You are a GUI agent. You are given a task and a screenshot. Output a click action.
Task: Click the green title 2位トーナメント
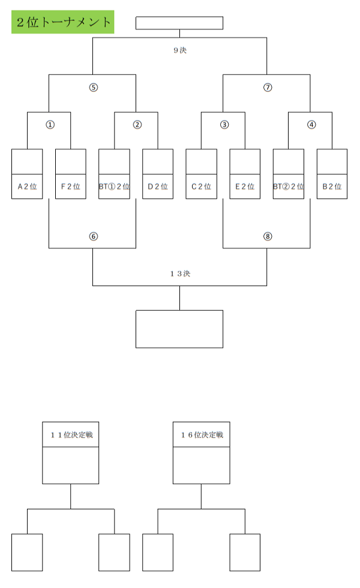coord(63,22)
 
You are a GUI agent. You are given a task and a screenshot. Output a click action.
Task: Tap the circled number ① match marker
coord(50,125)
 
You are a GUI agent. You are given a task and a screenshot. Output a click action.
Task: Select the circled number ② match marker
coord(137,125)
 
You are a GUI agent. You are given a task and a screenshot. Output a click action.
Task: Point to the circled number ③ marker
coord(224,125)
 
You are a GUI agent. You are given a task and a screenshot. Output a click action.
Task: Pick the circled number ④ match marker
coord(311,125)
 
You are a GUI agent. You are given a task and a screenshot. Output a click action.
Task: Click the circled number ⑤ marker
coord(94,88)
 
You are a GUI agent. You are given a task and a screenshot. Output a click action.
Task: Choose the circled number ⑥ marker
coord(94,236)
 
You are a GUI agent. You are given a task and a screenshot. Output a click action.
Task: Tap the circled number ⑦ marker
coord(268,88)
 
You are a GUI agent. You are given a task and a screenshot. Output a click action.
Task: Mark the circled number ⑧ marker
coord(268,236)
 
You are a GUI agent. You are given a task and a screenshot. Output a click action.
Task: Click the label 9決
coord(180,50)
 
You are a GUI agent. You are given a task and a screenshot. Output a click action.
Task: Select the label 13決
coord(180,274)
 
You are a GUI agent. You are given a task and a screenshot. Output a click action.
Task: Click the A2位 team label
coord(27,187)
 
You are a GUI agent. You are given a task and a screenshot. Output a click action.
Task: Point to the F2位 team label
coord(71,187)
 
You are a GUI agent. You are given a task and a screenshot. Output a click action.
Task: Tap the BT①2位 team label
coord(115,187)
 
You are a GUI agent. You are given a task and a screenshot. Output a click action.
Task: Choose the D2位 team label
coord(157,187)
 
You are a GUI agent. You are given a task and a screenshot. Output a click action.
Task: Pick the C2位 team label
coord(202,187)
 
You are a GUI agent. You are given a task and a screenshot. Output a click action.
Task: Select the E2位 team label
coord(245,187)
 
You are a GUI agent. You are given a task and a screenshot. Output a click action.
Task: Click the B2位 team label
coord(332,187)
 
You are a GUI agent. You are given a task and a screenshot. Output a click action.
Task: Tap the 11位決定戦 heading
coord(71,435)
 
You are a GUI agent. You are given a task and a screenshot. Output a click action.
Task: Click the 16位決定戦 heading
coord(202,435)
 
